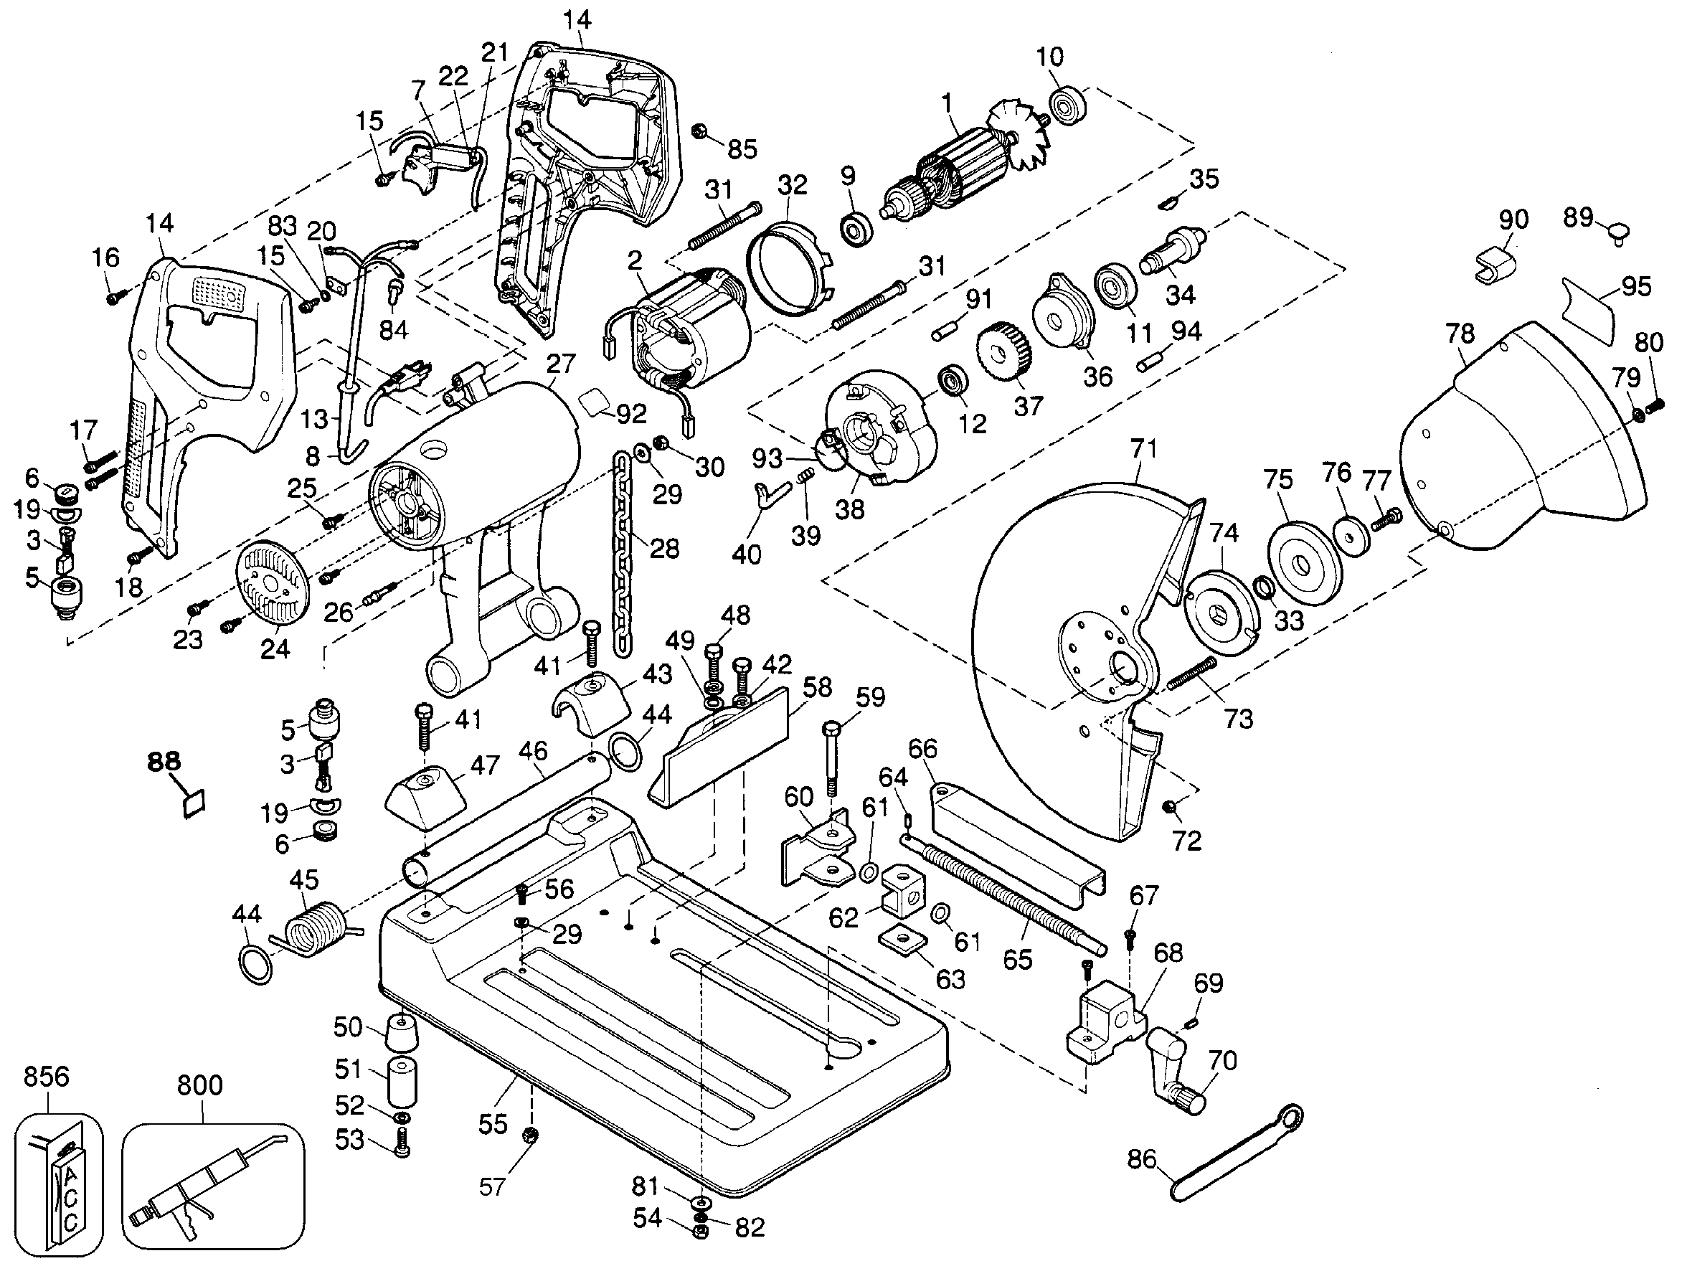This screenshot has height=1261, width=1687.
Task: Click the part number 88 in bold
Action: click(x=164, y=761)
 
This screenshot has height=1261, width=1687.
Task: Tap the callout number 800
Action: click(x=200, y=1085)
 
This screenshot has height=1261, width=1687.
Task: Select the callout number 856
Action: click(x=46, y=1077)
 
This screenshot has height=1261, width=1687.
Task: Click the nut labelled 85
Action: click(x=697, y=132)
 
